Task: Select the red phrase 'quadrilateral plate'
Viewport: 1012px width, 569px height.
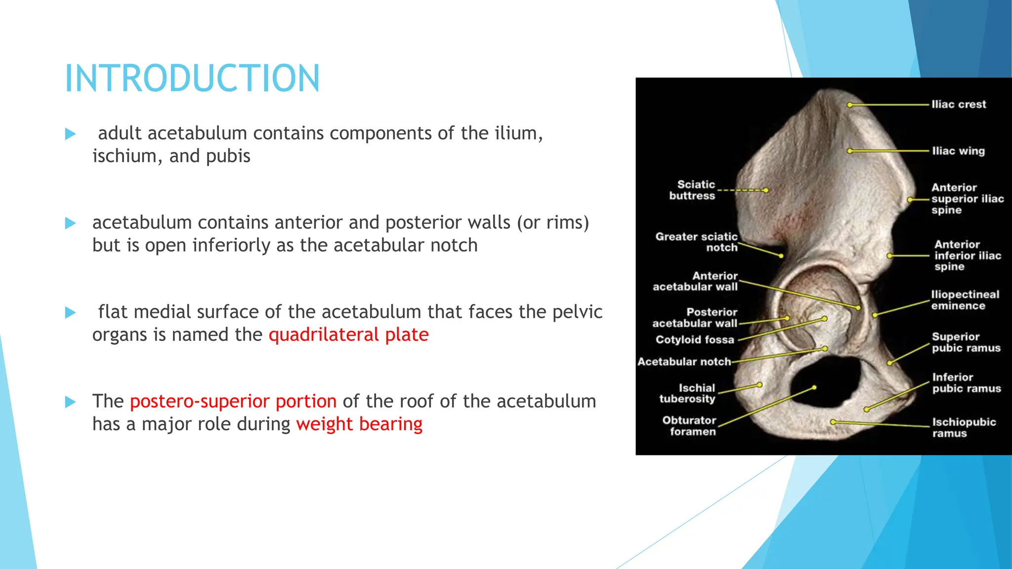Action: coord(348,335)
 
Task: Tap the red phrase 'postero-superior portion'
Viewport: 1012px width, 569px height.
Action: coord(233,402)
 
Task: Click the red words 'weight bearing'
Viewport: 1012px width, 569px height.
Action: coord(359,424)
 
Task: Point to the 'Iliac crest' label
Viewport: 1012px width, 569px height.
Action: coord(958,104)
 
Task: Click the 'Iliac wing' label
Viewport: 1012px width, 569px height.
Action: coord(958,151)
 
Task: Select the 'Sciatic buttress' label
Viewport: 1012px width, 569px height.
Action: coord(692,190)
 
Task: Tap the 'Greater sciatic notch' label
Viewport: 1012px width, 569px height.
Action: coord(697,242)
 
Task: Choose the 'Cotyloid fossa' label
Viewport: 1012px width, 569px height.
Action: coord(695,340)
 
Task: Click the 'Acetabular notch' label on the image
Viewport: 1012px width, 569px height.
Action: coord(684,362)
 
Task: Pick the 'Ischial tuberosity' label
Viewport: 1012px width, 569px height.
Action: coord(687,393)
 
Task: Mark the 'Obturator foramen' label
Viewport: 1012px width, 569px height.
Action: coord(689,426)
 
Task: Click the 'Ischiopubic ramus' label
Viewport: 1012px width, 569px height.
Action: coord(964,428)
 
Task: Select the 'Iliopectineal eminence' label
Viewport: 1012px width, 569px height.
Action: coord(965,300)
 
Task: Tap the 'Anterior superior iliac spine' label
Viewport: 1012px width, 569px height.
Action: coord(967,199)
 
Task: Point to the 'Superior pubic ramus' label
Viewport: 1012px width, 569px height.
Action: coord(966,342)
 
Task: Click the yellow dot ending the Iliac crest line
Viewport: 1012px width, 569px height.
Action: coord(849,105)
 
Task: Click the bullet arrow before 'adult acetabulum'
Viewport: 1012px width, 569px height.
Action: coord(71,134)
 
